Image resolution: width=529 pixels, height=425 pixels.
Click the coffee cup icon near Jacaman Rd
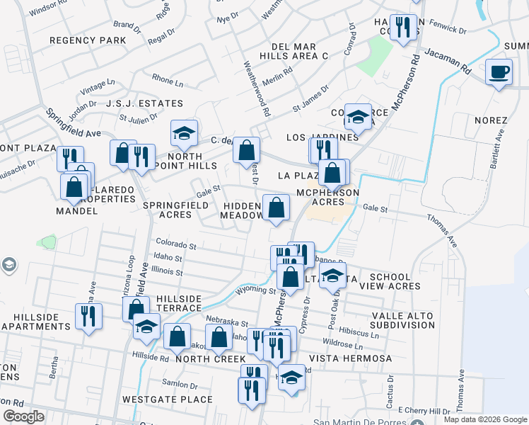(499, 72)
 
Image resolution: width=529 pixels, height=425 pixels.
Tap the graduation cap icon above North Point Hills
(184, 132)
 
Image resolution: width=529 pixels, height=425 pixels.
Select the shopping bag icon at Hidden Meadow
(277, 208)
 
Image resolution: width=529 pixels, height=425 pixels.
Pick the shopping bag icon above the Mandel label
(74, 188)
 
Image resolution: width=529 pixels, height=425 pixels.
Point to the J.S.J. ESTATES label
(145, 103)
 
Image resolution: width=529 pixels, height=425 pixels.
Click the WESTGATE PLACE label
(168, 399)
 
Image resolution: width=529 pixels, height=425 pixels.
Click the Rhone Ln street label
(167, 82)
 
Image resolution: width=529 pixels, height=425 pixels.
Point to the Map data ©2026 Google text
(484, 419)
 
